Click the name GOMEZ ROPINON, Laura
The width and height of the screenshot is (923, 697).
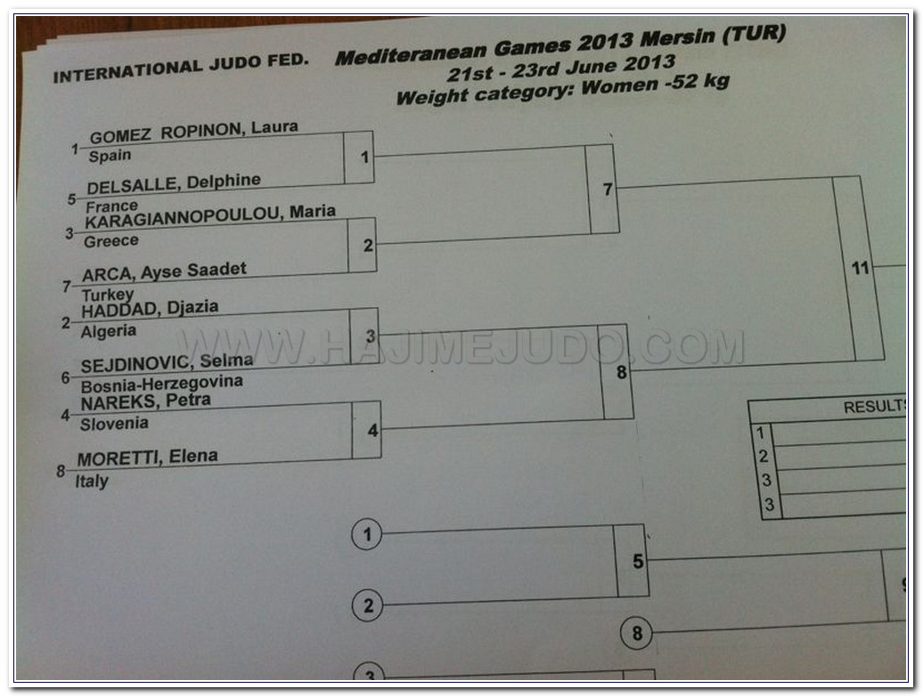(x=193, y=130)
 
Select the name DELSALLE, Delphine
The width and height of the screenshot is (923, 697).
(x=174, y=183)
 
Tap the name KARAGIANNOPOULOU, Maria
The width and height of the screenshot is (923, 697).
(x=210, y=215)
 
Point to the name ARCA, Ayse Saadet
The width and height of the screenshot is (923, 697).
(x=164, y=272)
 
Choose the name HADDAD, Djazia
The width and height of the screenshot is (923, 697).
(x=150, y=309)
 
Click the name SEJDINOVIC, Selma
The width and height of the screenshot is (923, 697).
(x=167, y=363)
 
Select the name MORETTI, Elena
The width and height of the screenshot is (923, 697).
(x=147, y=459)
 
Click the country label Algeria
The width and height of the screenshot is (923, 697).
(x=109, y=331)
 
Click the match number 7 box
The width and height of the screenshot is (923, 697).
(x=607, y=190)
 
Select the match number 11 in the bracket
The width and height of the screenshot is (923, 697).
(x=860, y=268)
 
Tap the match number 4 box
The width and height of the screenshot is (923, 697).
(x=372, y=431)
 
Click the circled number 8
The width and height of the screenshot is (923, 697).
(x=636, y=635)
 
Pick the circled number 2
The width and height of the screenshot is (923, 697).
(x=367, y=607)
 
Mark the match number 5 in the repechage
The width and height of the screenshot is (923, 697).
(x=637, y=562)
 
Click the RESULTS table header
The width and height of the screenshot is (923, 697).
(x=873, y=408)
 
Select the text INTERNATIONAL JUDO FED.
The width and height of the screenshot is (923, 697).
(x=181, y=67)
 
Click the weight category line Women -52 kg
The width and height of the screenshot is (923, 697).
(x=562, y=89)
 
